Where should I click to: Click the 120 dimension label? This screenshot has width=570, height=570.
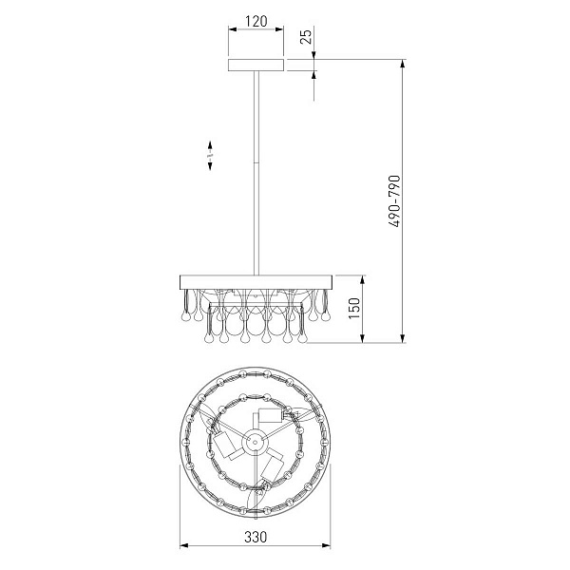(256, 22)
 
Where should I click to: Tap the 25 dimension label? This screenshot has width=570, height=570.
(307, 36)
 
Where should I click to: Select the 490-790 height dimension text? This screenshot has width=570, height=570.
(394, 201)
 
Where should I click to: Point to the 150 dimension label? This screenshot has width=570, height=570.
(354, 309)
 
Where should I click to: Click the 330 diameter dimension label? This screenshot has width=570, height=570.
(256, 537)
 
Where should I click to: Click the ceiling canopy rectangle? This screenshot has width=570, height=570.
(256, 65)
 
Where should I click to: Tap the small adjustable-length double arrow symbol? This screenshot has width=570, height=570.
(210, 156)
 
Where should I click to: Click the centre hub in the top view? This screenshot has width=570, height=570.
(255, 442)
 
